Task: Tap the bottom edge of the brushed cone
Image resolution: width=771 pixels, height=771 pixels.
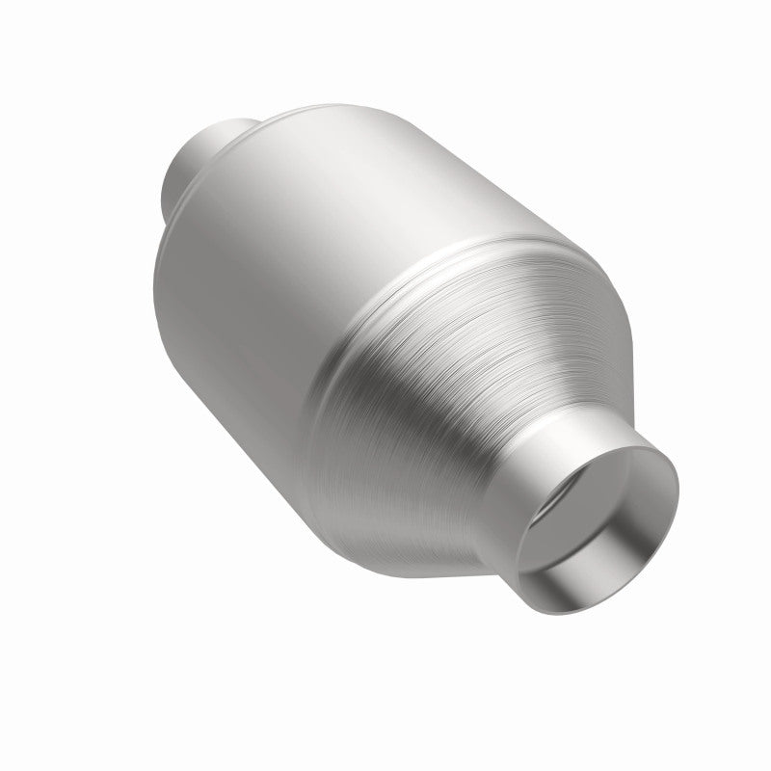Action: click(x=405, y=540)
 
